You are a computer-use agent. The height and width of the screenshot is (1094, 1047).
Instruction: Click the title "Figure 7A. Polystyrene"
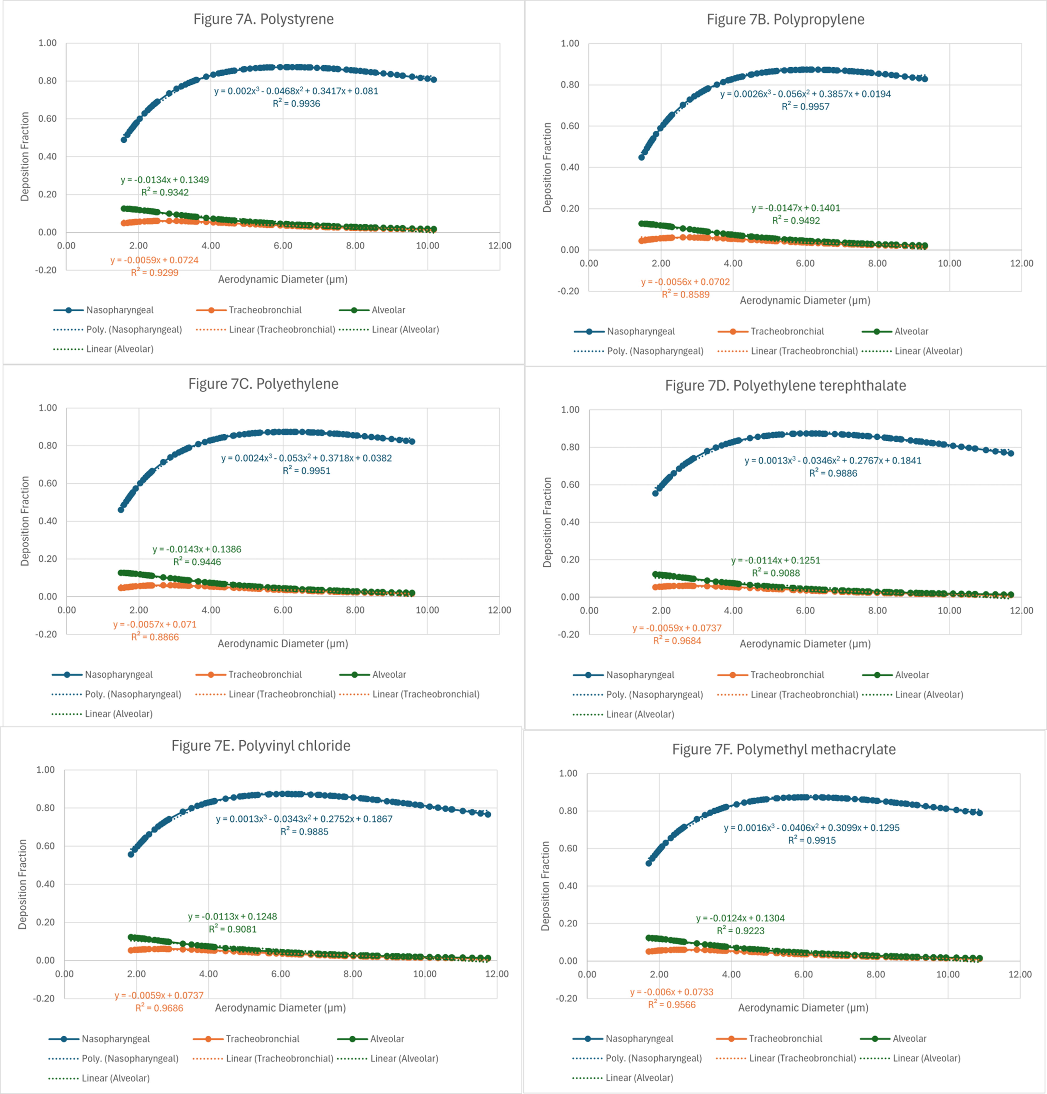(x=264, y=20)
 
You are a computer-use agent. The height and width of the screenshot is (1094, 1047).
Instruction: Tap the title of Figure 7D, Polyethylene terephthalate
(x=785, y=386)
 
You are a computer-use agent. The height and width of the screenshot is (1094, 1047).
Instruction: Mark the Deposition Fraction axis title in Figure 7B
(x=547, y=168)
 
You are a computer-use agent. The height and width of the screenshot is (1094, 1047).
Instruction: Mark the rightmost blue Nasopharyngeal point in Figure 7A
(x=434, y=80)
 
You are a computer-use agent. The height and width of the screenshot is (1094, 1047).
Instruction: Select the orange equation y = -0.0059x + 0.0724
(x=155, y=260)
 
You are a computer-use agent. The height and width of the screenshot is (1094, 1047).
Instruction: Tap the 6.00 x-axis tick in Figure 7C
(x=283, y=610)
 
